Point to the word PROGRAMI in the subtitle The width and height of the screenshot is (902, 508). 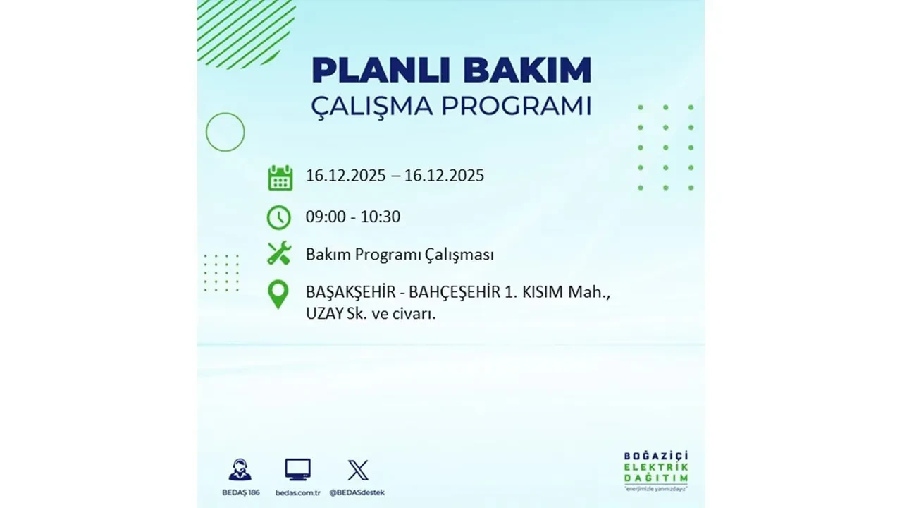click(x=514, y=106)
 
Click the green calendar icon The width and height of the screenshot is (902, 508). click(x=280, y=177)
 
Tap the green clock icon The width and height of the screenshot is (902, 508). click(x=279, y=217)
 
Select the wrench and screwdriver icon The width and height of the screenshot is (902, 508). click(x=279, y=254)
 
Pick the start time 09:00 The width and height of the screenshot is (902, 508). click(x=326, y=217)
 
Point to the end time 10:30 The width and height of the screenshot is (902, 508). click(x=380, y=217)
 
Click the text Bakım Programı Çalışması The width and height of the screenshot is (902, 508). click(x=400, y=255)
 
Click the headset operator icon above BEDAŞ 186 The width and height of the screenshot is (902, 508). click(x=240, y=469)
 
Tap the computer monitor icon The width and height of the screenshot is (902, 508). click(x=297, y=469)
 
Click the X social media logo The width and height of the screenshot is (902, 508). click(x=358, y=470)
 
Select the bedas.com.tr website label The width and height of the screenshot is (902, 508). click(x=297, y=492)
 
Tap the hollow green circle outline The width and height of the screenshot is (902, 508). click(x=225, y=132)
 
